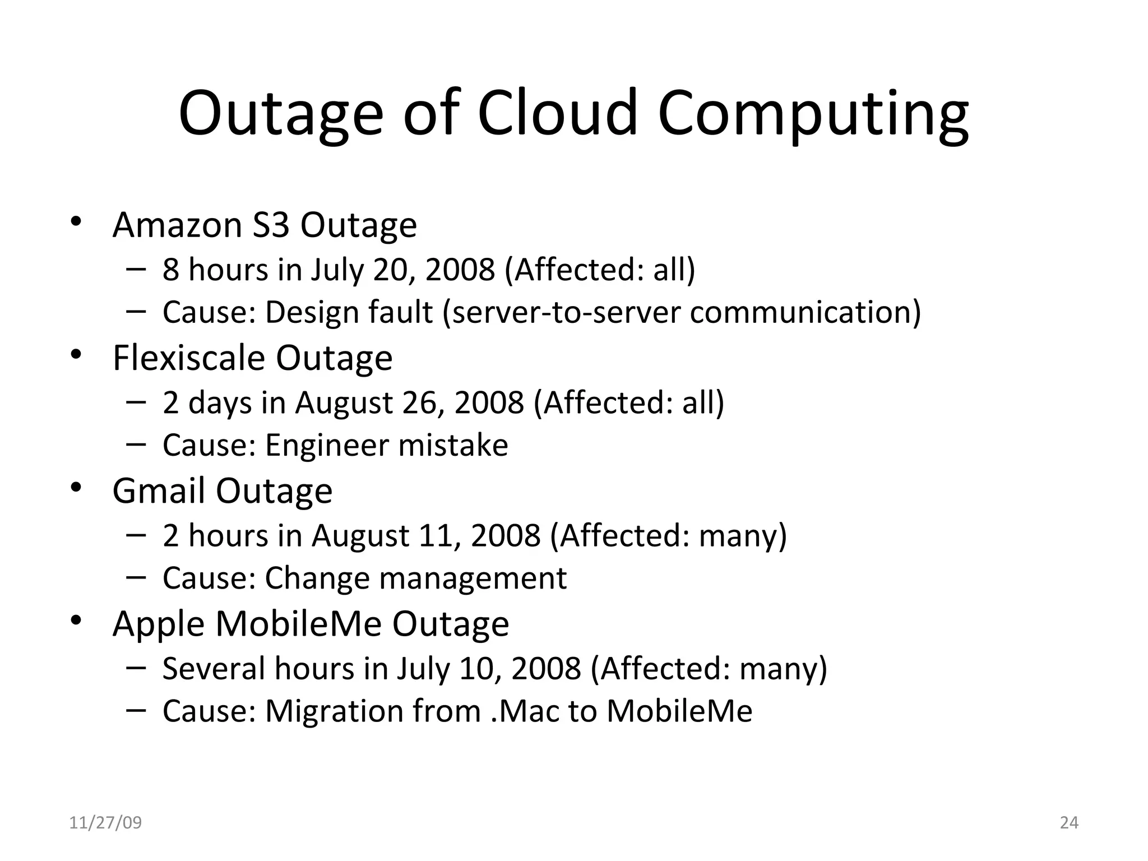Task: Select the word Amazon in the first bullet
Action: point(178,225)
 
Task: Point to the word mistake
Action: point(453,445)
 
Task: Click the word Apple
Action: point(159,624)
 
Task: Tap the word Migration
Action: point(334,711)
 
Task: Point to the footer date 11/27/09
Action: point(105,823)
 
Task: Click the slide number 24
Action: point(1069,823)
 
